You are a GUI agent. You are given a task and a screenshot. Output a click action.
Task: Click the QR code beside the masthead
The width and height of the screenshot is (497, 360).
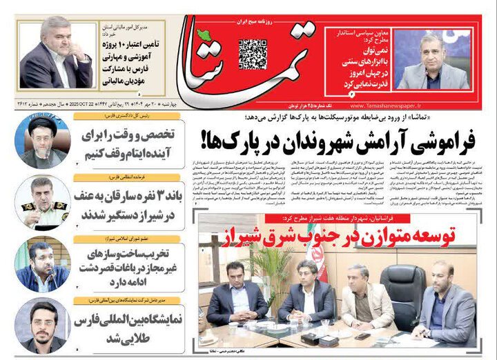(x=253, y=54)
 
